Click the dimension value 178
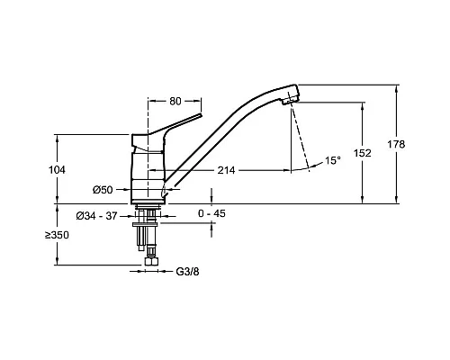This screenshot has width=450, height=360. (x=396, y=144)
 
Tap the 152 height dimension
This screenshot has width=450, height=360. (x=363, y=153)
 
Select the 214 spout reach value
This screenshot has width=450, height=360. (x=226, y=170)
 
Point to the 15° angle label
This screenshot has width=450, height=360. (x=333, y=160)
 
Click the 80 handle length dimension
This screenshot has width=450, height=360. (x=175, y=101)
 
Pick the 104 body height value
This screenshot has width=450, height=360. (x=57, y=170)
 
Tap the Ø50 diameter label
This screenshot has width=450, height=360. (x=103, y=190)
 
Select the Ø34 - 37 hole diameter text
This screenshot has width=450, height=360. (x=96, y=216)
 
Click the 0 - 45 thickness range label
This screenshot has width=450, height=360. (x=211, y=213)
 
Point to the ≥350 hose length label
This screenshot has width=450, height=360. (x=57, y=235)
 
